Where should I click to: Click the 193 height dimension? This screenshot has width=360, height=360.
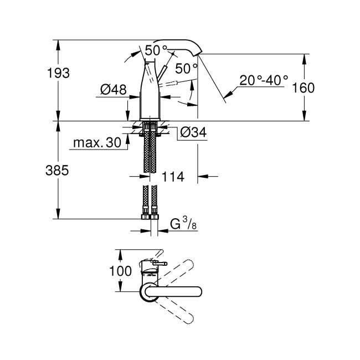pyautogui.click(x=58, y=73)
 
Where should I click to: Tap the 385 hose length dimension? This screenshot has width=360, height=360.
pyautogui.click(x=57, y=171)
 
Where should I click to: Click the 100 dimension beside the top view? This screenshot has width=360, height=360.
pyautogui.click(x=121, y=271)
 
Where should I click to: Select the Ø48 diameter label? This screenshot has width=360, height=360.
pyautogui.click(x=113, y=89)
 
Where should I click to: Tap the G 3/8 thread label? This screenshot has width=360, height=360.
pyautogui.click(x=182, y=224)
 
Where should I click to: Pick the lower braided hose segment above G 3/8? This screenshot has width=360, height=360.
pyautogui.click(x=149, y=200)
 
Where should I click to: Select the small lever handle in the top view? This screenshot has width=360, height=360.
pyautogui.click(x=158, y=263)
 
